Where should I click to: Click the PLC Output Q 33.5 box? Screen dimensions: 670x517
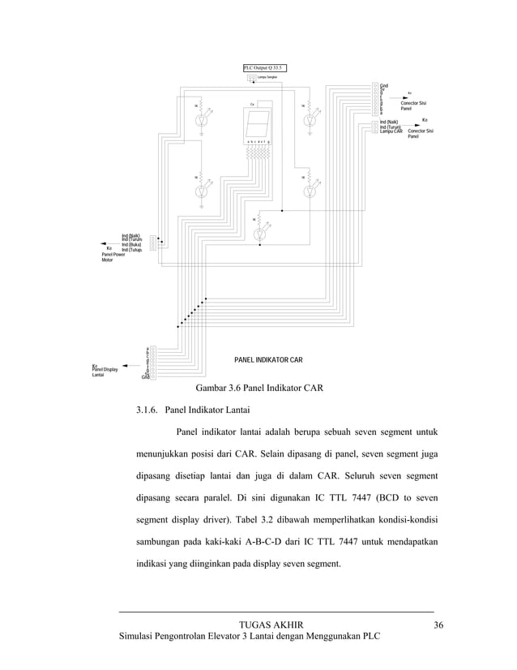click(x=264, y=68)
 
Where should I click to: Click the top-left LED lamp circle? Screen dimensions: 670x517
click(x=203, y=120)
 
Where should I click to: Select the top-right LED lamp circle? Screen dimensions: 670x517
click(x=309, y=120)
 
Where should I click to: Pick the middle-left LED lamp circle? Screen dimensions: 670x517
click(x=203, y=191)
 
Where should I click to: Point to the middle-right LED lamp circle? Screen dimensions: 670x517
click(x=309, y=191)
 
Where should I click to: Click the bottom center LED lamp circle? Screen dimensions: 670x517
click(x=259, y=234)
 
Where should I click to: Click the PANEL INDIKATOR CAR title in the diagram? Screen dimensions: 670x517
click(x=268, y=358)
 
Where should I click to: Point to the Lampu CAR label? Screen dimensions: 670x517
click(x=391, y=131)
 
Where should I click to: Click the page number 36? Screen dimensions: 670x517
click(x=438, y=624)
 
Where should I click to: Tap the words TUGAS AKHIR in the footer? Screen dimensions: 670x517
click(x=272, y=624)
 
